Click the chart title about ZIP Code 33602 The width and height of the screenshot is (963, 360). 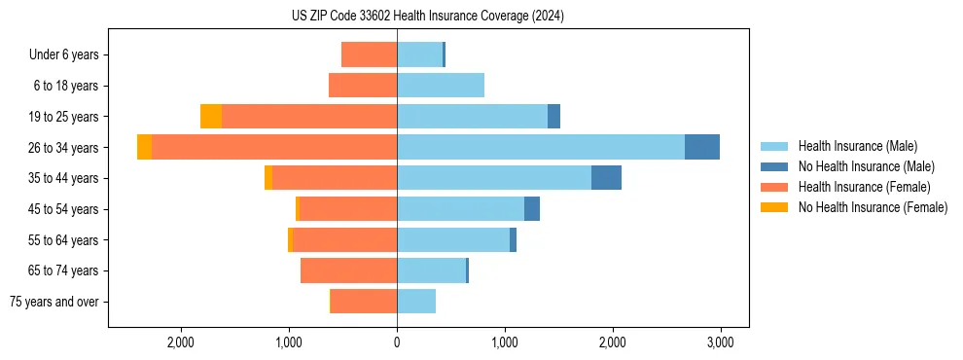[x=427, y=17]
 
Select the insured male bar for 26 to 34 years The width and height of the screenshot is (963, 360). [x=540, y=147]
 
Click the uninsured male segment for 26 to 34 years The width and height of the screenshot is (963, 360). [x=702, y=147]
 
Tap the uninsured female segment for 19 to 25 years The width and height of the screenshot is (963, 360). [x=211, y=116]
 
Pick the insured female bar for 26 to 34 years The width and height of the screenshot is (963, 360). [x=274, y=147]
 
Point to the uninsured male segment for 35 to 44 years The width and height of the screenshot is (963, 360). [x=606, y=178]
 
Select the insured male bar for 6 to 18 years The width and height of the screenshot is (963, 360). [x=441, y=86]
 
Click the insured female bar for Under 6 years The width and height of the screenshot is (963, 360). [x=369, y=54]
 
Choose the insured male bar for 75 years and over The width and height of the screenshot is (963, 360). [x=416, y=302]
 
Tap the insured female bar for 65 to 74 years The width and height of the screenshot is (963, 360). [x=348, y=270]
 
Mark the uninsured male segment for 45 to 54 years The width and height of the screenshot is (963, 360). [x=532, y=209]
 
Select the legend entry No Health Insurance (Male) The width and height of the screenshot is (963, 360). [x=866, y=166]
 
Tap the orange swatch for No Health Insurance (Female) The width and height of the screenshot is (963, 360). [x=774, y=207]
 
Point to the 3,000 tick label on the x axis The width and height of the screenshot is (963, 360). [x=720, y=342]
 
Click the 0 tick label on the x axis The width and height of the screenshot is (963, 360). [x=397, y=342]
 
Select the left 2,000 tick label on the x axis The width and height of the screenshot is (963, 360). [x=182, y=342]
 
